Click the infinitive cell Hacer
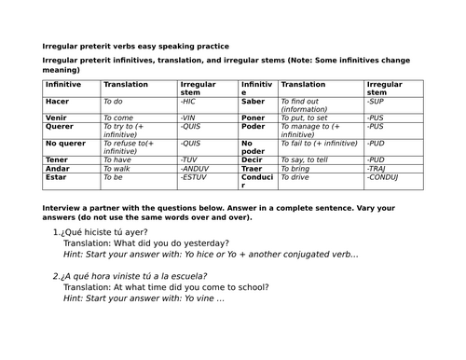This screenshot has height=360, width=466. (58, 101)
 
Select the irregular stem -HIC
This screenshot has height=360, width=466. (190, 101)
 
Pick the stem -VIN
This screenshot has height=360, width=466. (190, 118)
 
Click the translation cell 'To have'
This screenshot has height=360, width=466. (119, 159)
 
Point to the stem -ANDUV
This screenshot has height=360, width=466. (196, 167)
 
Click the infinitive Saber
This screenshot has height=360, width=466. (254, 101)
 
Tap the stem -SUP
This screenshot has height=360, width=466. (376, 101)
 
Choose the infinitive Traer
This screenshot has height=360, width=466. (254, 167)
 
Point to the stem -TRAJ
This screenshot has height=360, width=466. (377, 167)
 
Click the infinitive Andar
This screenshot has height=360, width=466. (58, 167)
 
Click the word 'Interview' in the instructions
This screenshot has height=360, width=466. (62, 207)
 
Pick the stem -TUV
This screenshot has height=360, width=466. (190, 159)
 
